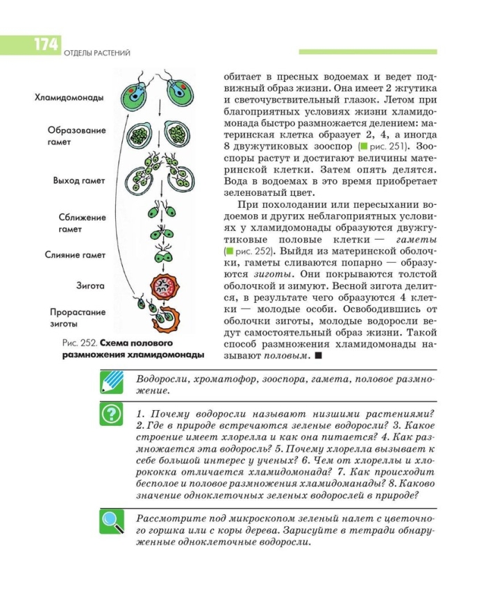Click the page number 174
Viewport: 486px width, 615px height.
pos(46,46)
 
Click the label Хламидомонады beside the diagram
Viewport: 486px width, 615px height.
pos(69,97)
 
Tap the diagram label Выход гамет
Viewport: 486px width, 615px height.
pos(78,181)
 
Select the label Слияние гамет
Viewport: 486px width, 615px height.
pos(76,255)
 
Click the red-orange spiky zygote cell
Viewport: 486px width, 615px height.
pos(164,284)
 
